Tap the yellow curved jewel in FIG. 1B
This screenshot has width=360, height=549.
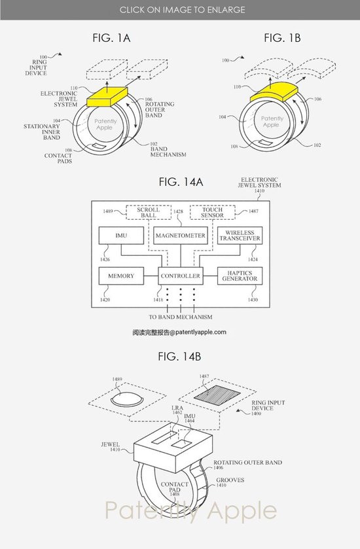pos(274,92)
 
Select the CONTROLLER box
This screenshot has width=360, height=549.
pos(181,276)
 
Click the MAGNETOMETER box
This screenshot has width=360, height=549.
pos(181,236)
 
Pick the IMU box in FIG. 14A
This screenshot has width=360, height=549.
pos(121,236)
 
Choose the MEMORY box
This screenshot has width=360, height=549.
pos(121,276)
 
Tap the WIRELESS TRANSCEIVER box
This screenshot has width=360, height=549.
pos(240,236)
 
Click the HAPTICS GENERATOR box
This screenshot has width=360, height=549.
pos(240,276)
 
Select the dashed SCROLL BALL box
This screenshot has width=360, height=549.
pos(149,213)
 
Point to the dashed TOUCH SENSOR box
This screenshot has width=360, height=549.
pos(212,213)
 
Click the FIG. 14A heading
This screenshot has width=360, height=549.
pos(181,182)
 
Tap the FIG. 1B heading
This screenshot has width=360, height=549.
pos(282,38)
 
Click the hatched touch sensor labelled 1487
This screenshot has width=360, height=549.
pos(217,393)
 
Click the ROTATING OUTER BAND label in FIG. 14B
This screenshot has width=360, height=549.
pos(247,463)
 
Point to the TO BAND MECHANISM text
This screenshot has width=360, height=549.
pos(181,317)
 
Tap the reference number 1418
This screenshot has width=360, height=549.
pos(158,300)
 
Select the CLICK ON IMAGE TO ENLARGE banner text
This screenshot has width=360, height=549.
pos(182,10)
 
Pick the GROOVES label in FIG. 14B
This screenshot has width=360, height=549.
pos(230,480)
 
